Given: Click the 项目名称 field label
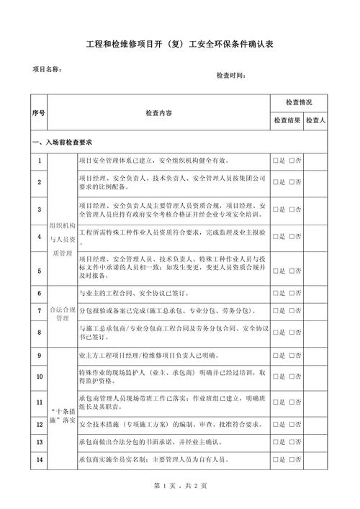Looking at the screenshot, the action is [x=46, y=69].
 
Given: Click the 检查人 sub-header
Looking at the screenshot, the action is [x=315, y=121].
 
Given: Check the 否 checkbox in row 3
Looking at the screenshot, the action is [x=292, y=210].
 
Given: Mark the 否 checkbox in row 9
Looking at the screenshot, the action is [x=292, y=355].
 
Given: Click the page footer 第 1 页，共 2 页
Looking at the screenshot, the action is [x=181, y=486].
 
